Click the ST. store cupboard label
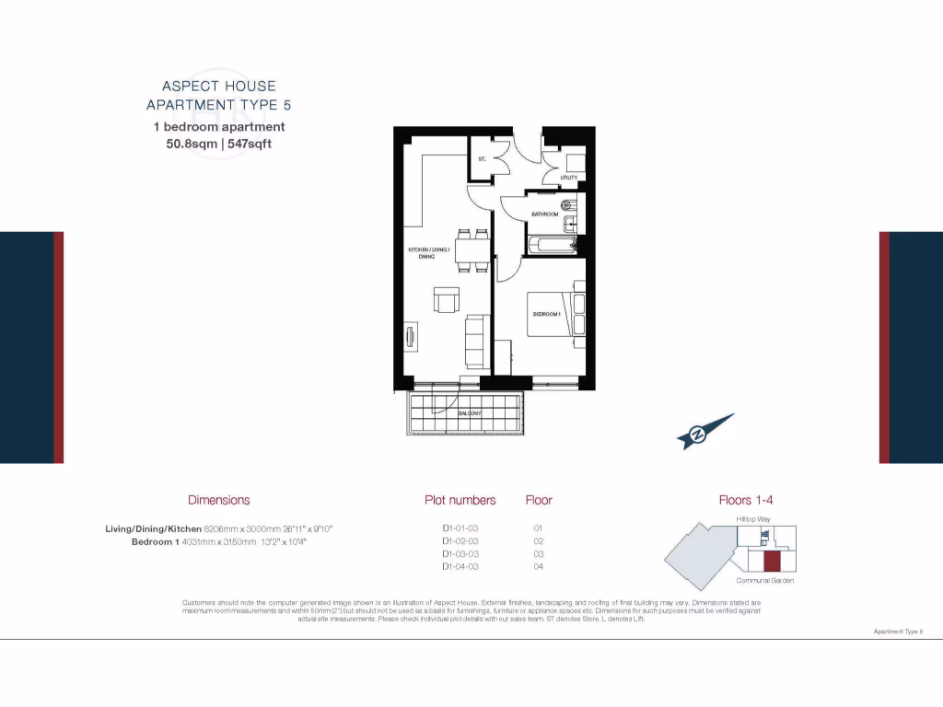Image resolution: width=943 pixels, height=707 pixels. (x=482, y=159)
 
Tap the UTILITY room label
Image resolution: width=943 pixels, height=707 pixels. (x=568, y=178)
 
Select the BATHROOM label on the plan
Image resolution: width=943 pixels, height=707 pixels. (x=545, y=214)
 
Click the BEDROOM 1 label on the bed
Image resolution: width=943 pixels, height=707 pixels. (x=546, y=314)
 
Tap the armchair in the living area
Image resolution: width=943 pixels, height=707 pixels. (x=447, y=302)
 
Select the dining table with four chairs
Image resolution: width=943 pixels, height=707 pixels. (x=472, y=249)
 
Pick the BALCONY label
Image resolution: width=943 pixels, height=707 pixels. (x=471, y=413)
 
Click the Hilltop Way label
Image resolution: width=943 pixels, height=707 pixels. (x=753, y=520)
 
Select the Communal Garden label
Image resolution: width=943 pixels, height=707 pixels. (x=764, y=581)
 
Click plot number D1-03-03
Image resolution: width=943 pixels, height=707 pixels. (x=460, y=554)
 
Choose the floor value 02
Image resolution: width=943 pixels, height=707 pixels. (x=539, y=541)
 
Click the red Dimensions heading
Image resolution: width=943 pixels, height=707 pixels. (x=218, y=500)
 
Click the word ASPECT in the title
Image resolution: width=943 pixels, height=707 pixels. (x=187, y=87)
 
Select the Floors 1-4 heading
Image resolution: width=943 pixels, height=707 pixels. (x=745, y=500)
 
